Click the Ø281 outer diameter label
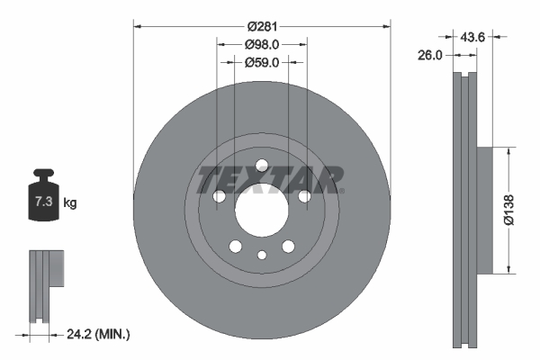click(262, 25)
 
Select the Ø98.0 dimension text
click(262, 44)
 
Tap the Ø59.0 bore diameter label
click(262, 63)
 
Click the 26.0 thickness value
click(431, 55)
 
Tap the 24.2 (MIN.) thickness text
click(99, 334)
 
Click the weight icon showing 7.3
click(41, 199)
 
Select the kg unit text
click(70, 203)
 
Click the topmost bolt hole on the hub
click(262, 166)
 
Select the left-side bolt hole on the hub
click(218, 197)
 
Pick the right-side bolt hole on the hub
click(304, 196)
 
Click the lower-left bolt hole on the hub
click(235, 247)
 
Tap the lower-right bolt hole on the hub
click(288, 247)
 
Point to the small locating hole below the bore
click(262, 255)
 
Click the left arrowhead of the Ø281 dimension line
click(137, 25)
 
